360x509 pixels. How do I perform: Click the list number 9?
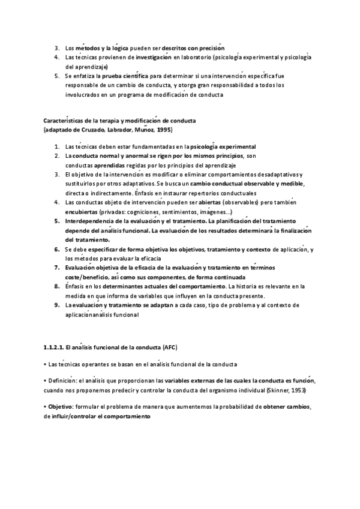(56, 306)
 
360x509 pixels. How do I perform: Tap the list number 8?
(56, 287)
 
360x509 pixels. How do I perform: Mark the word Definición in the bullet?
(61, 381)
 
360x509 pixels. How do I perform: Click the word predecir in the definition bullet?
(133, 390)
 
